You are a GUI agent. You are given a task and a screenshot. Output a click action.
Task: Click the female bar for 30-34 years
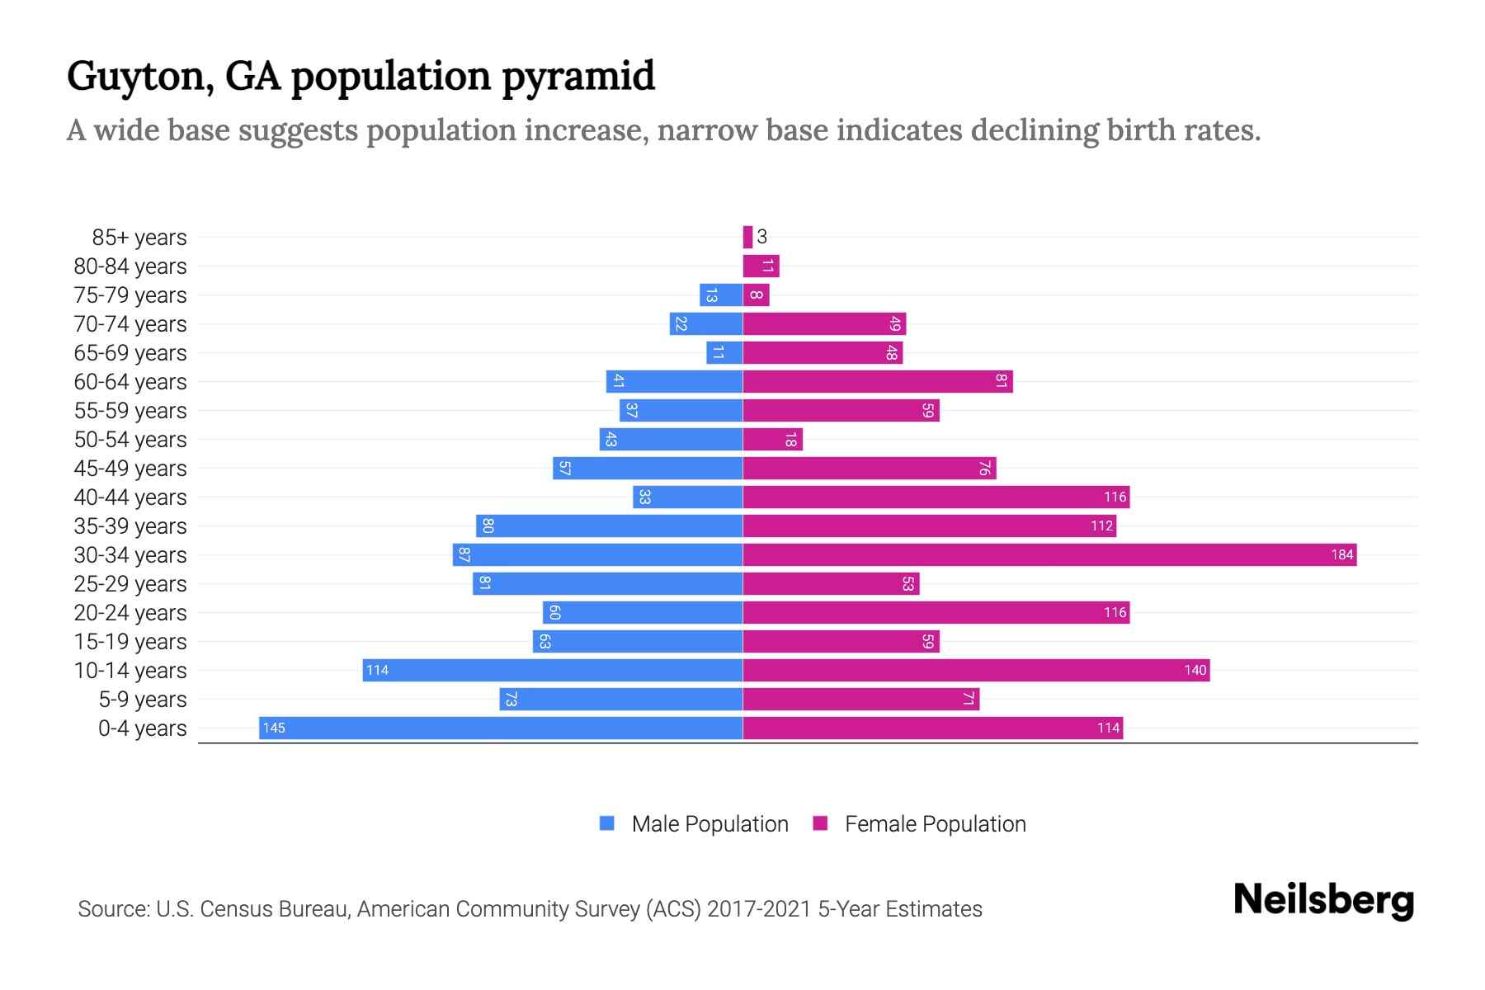[1049, 554]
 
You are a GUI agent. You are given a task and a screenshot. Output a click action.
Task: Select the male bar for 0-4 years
[501, 728]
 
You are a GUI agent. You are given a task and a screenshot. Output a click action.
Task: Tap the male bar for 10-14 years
[553, 670]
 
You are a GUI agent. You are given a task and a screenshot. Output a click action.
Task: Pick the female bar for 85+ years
[747, 237]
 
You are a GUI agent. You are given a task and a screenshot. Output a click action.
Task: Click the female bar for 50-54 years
[772, 439]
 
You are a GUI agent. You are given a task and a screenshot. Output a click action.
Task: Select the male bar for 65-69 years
[724, 352]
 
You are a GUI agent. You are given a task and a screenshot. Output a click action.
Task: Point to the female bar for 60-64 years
[878, 381]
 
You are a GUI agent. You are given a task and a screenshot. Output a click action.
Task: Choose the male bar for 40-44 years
[688, 497]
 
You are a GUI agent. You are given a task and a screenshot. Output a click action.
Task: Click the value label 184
[1341, 554]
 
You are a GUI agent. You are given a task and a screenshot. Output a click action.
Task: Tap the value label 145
[274, 728]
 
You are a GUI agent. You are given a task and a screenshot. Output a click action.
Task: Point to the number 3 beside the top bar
[762, 237]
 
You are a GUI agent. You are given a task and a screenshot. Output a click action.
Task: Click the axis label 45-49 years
[130, 468]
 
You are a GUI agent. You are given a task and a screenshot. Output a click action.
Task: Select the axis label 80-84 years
[130, 266]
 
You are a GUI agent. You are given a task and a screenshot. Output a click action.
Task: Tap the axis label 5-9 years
[143, 699]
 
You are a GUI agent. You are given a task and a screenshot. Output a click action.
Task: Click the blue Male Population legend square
[607, 823]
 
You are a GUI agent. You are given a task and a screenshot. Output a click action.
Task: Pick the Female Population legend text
[935, 823]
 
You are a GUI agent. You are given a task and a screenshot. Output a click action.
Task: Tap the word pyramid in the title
[578, 77]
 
